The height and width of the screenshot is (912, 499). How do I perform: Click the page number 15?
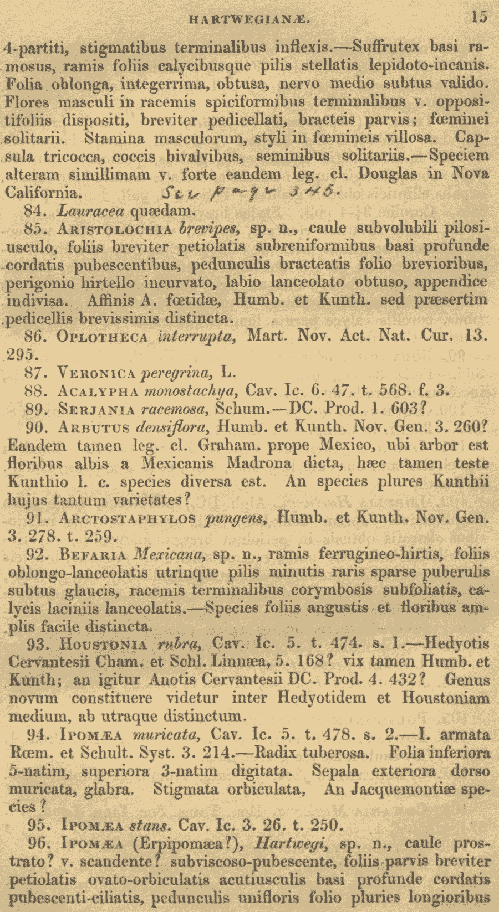[x=479, y=17]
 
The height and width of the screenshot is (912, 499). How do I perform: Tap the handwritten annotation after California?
[x=251, y=193]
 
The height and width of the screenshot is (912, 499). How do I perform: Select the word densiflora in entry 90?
[x=173, y=427]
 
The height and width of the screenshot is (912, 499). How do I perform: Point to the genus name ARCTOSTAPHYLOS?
[x=127, y=518]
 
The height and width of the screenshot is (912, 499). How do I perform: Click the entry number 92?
[x=38, y=554]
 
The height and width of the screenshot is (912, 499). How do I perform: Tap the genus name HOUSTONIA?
[x=103, y=645]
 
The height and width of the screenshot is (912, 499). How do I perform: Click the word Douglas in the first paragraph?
[x=388, y=174]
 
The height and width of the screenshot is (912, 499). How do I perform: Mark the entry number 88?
[x=38, y=391]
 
